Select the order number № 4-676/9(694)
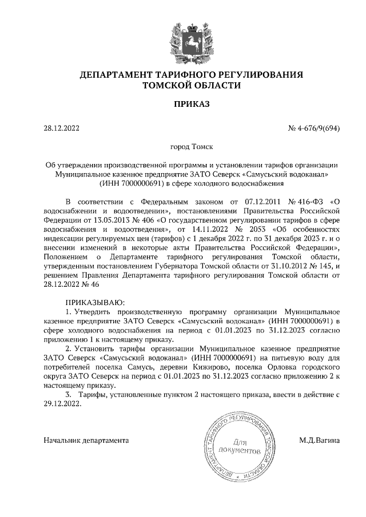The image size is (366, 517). point(314,128)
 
